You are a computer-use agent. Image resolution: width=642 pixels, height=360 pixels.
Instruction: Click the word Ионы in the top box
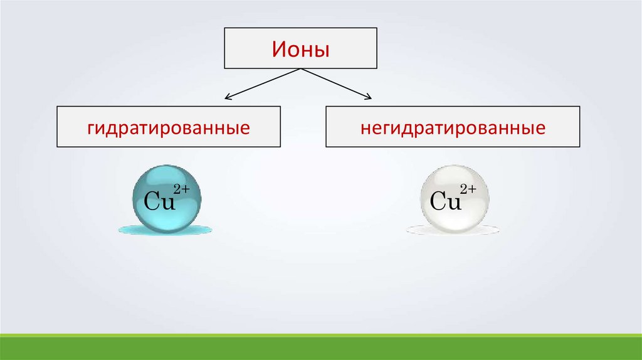[x=301, y=49]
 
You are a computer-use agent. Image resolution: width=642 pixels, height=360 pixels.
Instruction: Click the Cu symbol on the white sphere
[x=446, y=202]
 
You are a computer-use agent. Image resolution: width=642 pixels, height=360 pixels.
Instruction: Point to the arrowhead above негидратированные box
[x=369, y=97]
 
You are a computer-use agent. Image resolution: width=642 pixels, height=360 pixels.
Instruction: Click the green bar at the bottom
[x=321, y=347]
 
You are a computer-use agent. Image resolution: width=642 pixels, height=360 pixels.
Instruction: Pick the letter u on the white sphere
[x=455, y=204]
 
